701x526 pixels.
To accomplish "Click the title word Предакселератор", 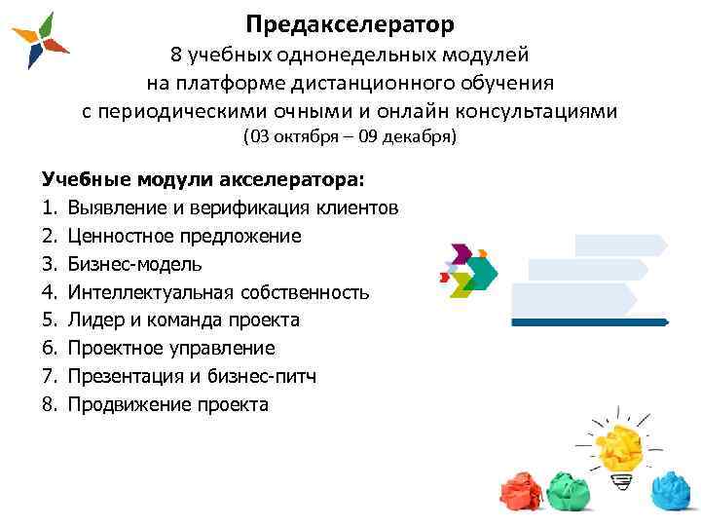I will click(350, 21).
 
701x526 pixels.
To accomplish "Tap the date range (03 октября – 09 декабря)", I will click(350, 137).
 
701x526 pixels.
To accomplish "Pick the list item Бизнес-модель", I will click(135, 264).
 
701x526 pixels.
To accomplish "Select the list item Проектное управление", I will click(171, 348).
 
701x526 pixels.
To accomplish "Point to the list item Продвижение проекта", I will click(167, 404).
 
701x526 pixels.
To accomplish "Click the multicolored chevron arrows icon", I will click(468, 268).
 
